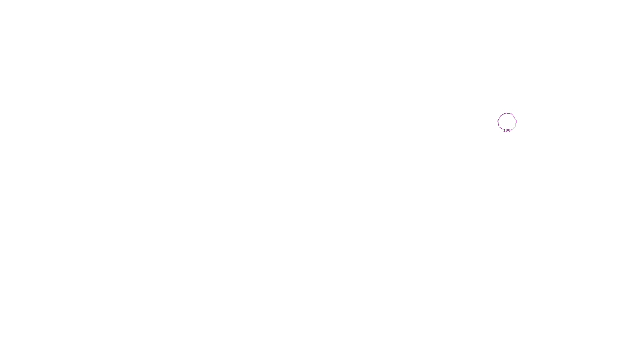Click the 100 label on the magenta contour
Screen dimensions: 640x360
click(x=507, y=130)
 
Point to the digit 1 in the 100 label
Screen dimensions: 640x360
click(x=504, y=130)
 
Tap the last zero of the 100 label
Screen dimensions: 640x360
click(x=509, y=130)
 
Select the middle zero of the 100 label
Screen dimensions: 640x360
click(x=507, y=130)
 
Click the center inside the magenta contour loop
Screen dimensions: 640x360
click(x=507, y=121)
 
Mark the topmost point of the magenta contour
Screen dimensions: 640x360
click(x=507, y=113)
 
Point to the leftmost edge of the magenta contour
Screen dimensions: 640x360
click(x=498, y=121)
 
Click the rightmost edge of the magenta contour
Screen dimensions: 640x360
click(x=516, y=121)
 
